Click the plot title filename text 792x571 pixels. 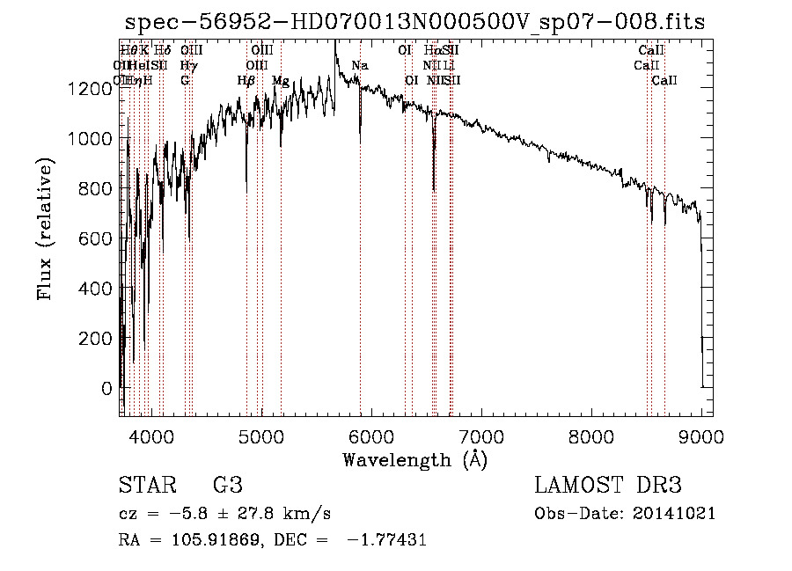pyautogui.click(x=415, y=22)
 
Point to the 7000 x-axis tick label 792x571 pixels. pyautogui.click(x=481, y=436)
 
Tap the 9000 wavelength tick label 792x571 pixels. pyautogui.click(x=701, y=436)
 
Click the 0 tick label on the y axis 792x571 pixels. pyautogui.click(x=106, y=388)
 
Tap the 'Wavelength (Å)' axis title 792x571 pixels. pyautogui.click(x=415, y=458)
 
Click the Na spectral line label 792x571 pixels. pyautogui.click(x=359, y=66)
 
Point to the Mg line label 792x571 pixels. pyautogui.click(x=280, y=81)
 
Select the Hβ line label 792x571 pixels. pyautogui.click(x=246, y=81)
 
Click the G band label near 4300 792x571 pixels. pyautogui.click(x=185, y=81)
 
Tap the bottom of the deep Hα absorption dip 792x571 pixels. pyautogui.click(x=434, y=187)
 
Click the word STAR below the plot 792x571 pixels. pyautogui.click(x=145, y=486)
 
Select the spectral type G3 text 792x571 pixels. pyautogui.click(x=228, y=486)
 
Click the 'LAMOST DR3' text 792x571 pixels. pyautogui.click(x=608, y=486)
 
